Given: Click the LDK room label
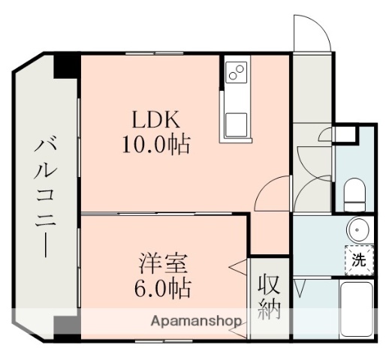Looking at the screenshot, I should point(155,120).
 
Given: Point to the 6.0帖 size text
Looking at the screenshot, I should point(162,287).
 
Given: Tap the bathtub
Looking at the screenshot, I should point(357,310).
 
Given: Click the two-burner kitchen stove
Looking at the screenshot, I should point(235,72).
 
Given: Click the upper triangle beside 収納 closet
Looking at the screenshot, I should point(235,265).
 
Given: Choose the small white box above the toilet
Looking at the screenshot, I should point(345,135).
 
